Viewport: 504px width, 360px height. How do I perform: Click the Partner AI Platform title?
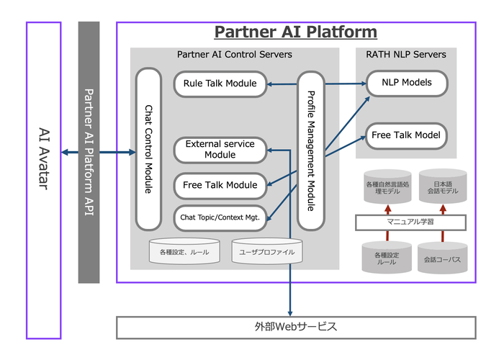tap(295, 32)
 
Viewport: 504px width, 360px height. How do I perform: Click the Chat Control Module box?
tap(148, 149)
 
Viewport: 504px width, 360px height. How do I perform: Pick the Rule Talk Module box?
tap(220, 84)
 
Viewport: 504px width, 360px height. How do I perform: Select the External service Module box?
tap(220, 149)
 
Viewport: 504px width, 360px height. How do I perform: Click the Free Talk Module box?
tap(220, 185)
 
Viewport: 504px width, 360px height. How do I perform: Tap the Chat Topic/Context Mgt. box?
tap(220, 215)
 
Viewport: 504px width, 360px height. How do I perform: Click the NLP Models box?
tap(407, 82)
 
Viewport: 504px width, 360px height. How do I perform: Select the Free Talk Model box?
tap(407, 135)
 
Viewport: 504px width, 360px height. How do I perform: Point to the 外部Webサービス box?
tap(297, 326)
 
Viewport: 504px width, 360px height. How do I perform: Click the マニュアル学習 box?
tap(405, 222)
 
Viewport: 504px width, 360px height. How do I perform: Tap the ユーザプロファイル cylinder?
tap(267, 252)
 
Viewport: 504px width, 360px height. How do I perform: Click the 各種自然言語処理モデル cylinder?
tap(387, 187)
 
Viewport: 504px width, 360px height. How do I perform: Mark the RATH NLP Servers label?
tap(405, 54)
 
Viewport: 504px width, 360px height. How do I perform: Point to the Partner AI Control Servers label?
tap(234, 54)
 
